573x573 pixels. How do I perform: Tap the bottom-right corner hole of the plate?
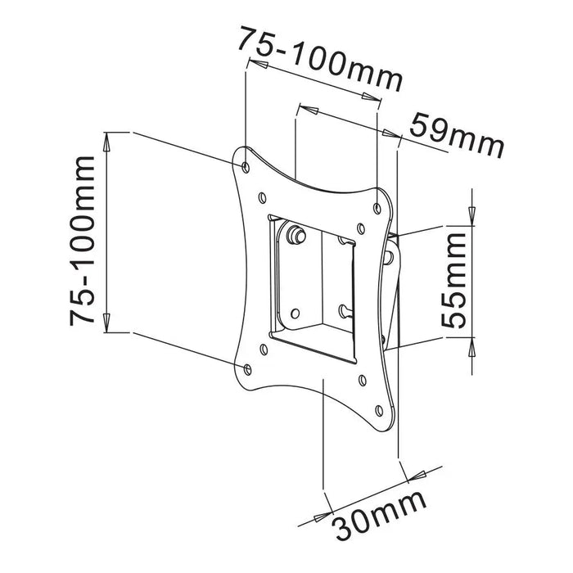[x=377, y=411]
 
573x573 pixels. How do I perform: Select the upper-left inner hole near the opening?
[x=262, y=197]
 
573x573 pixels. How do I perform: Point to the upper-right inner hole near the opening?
[x=360, y=228]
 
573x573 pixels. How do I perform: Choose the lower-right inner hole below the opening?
[x=361, y=379]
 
